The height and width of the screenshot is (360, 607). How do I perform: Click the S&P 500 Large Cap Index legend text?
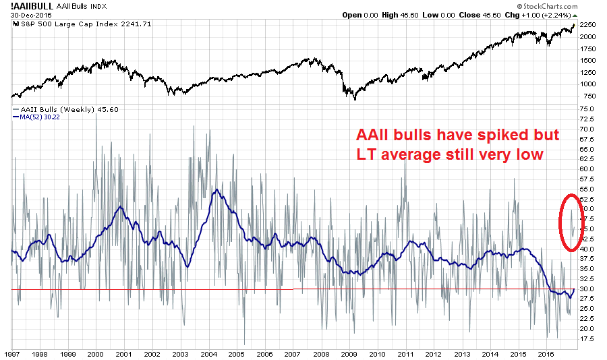67,24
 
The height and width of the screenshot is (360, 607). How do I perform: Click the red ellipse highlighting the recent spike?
570,222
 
